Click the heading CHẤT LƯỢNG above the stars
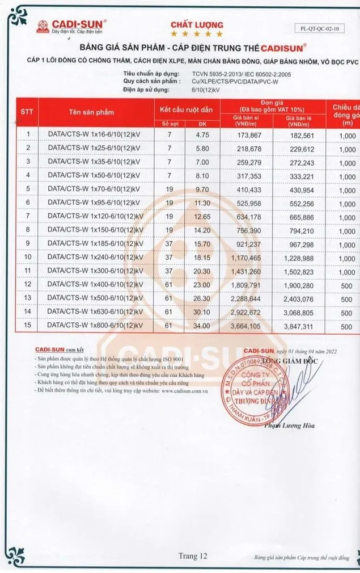(197, 25)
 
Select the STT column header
(26, 112)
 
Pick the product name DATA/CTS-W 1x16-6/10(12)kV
(94, 136)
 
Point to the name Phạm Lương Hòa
(290, 426)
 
